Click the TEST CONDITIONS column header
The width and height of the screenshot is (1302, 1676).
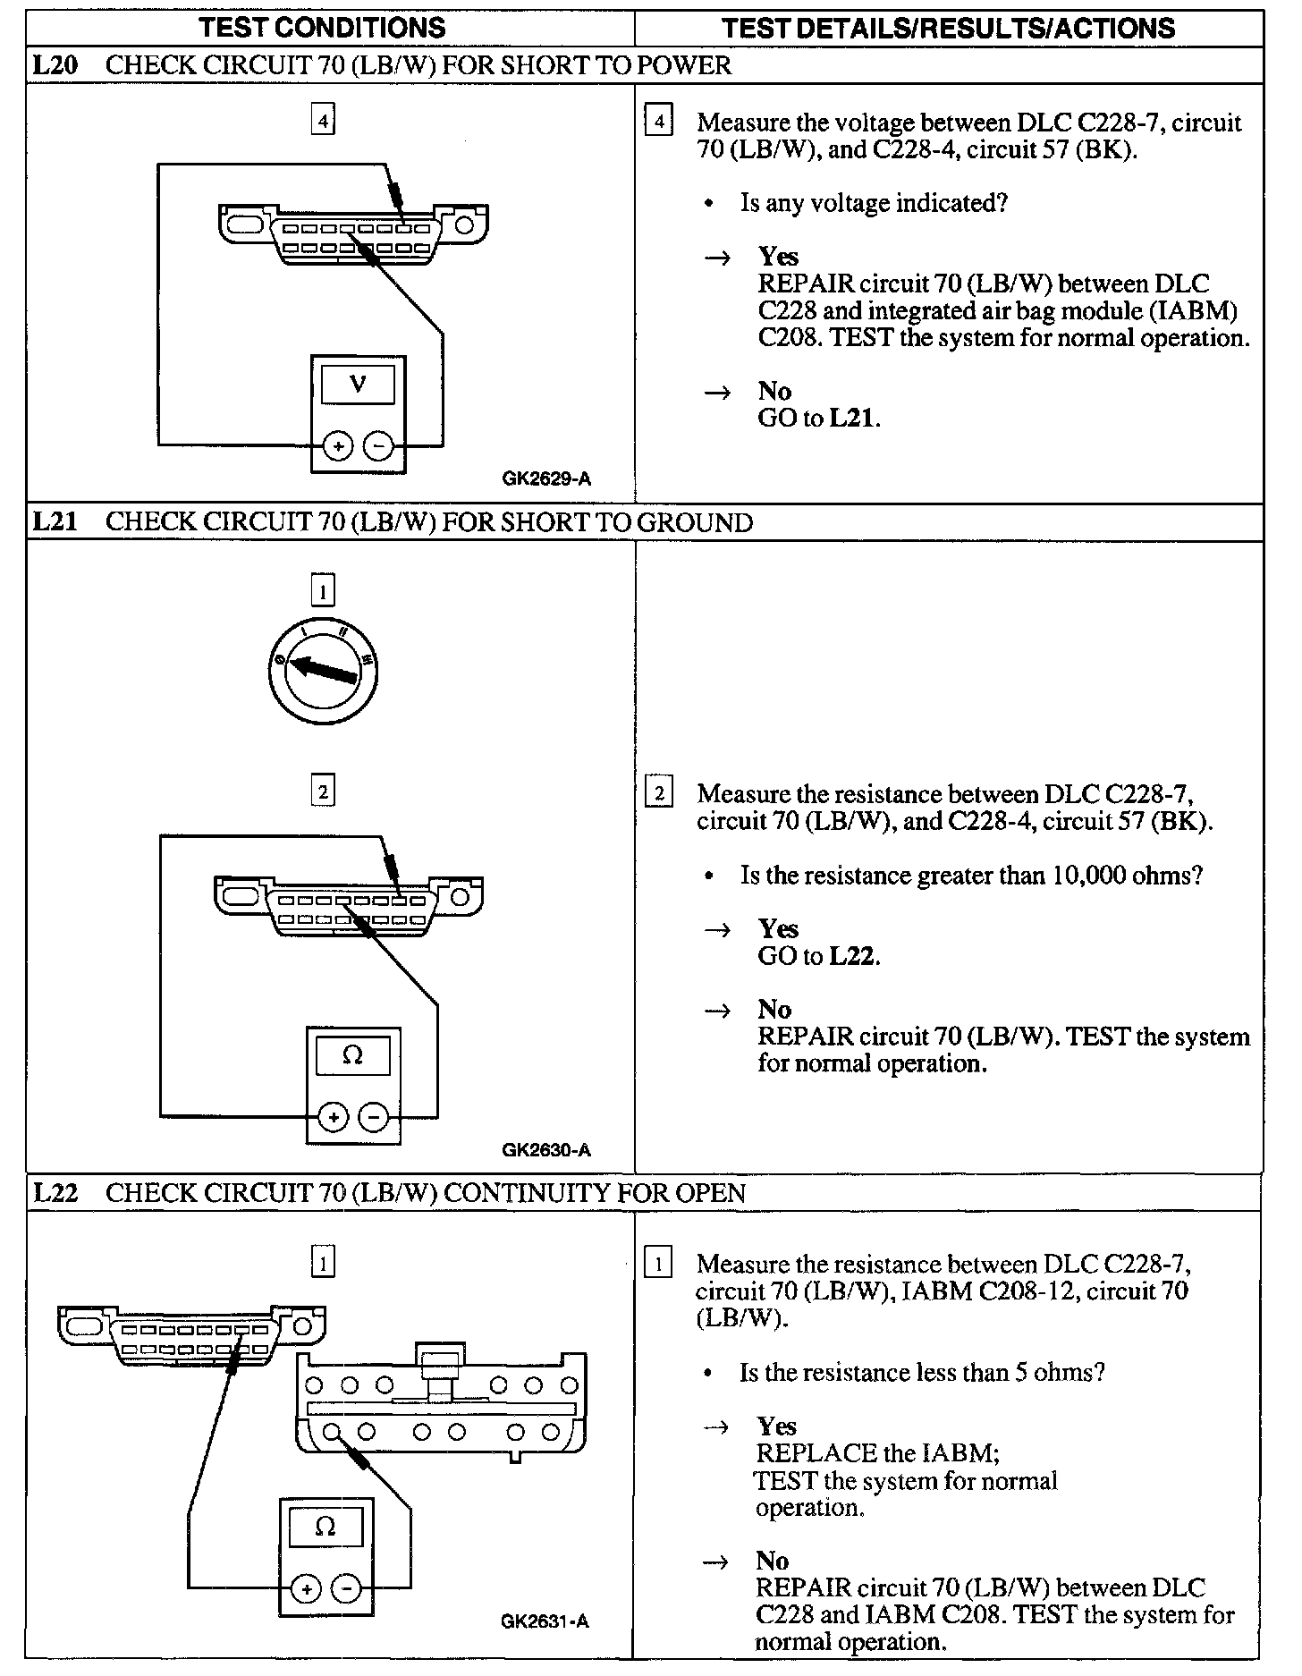click(x=322, y=28)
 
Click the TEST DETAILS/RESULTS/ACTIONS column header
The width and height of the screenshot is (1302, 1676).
click(x=948, y=28)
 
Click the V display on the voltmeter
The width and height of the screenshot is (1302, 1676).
click(x=358, y=385)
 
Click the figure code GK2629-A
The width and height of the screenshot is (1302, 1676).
click(x=546, y=479)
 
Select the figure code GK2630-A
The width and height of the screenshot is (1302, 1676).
click(x=546, y=1150)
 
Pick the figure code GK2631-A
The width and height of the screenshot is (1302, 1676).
click(x=545, y=1621)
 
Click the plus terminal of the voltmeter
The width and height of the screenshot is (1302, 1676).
click(x=337, y=445)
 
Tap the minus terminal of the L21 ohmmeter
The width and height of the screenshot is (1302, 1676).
click(x=374, y=1116)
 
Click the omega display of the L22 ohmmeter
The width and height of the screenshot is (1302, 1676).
click(x=325, y=1527)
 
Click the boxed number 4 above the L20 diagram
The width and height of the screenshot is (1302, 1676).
click(x=323, y=120)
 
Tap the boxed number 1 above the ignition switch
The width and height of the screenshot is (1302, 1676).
click(x=323, y=591)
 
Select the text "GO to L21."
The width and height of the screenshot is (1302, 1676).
click(x=819, y=418)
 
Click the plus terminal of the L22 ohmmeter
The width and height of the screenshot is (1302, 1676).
click(x=306, y=1588)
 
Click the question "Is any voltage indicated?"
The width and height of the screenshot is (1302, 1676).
click(x=874, y=203)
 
